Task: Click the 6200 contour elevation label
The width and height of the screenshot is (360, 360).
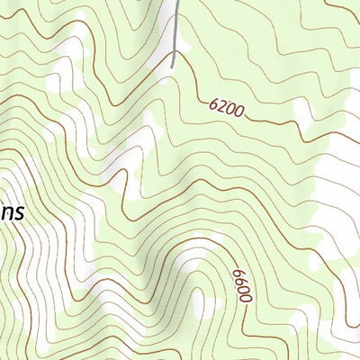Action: tap(226, 109)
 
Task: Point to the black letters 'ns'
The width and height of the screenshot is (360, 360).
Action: tap(12, 214)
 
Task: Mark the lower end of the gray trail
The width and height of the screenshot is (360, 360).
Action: tap(172, 66)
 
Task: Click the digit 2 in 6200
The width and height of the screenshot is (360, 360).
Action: tap(221, 107)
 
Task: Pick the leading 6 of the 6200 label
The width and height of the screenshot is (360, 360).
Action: tap(213, 104)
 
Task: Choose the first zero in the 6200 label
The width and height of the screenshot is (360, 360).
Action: tap(229, 110)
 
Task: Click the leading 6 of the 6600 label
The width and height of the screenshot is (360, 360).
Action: tap(237, 272)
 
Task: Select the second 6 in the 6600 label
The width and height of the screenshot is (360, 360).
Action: tap(239, 281)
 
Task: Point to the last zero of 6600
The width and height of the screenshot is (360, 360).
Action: tap(246, 298)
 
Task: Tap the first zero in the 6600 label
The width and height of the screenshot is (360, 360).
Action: tap(243, 289)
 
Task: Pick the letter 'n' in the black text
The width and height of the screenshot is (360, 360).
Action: tap(6, 214)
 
